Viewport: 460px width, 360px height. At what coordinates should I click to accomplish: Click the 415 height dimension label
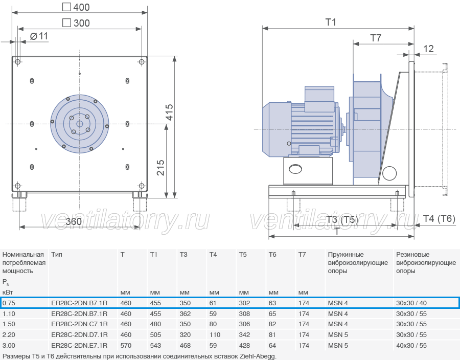tap(170, 112)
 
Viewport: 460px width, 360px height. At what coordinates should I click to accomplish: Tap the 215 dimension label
tap(160, 168)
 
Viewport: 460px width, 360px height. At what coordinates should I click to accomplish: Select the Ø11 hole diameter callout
tap(39, 36)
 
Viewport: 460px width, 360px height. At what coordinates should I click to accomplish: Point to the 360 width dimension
tap(74, 221)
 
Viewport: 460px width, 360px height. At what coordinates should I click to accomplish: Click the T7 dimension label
tap(376, 38)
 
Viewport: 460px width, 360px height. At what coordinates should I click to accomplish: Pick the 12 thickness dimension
tap(428, 49)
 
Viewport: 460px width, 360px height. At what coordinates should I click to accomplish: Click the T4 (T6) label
tap(439, 218)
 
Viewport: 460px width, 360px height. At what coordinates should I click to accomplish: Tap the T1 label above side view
tap(331, 22)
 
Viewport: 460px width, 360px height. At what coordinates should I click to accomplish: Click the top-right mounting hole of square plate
tap(142, 61)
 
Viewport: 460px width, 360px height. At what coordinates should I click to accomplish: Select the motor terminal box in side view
tap(319, 99)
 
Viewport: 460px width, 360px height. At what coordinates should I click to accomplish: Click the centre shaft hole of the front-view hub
tap(80, 124)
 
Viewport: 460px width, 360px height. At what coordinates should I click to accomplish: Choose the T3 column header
tap(183, 254)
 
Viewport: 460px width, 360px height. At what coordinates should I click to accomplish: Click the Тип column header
tap(57, 254)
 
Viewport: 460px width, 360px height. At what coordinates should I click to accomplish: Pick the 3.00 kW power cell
tap(9, 345)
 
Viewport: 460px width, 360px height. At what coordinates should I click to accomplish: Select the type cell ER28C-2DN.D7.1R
tap(79, 335)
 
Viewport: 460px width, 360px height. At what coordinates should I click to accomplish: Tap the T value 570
tap(126, 345)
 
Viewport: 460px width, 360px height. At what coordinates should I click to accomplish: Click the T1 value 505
tap(155, 335)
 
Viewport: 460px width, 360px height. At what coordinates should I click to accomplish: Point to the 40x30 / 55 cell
tap(411, 345)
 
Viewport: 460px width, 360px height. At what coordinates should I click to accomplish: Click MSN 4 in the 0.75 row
tap(338, 303)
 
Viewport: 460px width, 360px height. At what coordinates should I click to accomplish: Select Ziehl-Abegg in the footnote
tap(258, 356)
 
